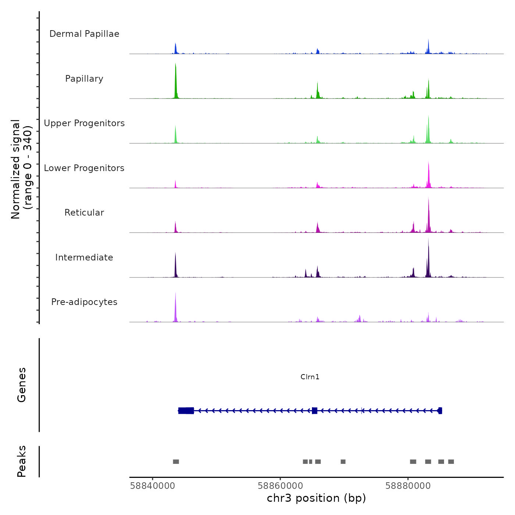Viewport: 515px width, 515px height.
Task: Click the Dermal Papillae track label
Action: tap(84, 34)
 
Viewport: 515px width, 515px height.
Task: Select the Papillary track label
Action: tap(84, 79)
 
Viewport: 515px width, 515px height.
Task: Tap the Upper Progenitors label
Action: tap(84, 123)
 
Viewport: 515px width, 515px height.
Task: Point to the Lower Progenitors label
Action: tap(84, 168)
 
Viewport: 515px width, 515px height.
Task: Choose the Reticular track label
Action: tap(84, 213)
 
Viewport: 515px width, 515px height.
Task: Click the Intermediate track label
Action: tap(84, 257)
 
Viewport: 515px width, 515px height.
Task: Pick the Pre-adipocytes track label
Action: tap(84, 302)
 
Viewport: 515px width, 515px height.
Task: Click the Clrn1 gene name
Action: tap(310, 377)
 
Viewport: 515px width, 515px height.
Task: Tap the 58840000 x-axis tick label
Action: tap(153, 486)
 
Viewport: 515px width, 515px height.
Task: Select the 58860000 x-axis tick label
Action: tap(280, 486)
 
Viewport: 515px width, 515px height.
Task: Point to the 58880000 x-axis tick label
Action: tap(408, 486)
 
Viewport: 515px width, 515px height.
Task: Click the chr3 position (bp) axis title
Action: tap(316, 498)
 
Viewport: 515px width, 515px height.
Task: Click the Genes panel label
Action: tap(21, 384)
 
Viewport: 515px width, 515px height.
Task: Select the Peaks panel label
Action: tap(21, 461)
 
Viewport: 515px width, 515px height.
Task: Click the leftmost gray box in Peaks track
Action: tap(176, 462)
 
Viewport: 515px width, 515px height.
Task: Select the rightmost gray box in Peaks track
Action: tap(451, 462)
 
